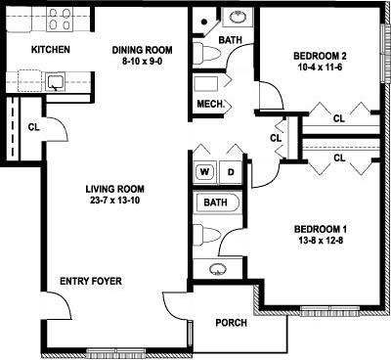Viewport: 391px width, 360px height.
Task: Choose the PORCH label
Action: click(x=231, y=323)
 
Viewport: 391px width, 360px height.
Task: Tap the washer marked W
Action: click(x=206, y=170)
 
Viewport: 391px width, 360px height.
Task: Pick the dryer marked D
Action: click(x=232, y=170)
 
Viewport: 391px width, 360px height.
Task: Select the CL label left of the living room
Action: click(x=34, y=126)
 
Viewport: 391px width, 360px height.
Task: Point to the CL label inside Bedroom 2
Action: click(x=339, y=119)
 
